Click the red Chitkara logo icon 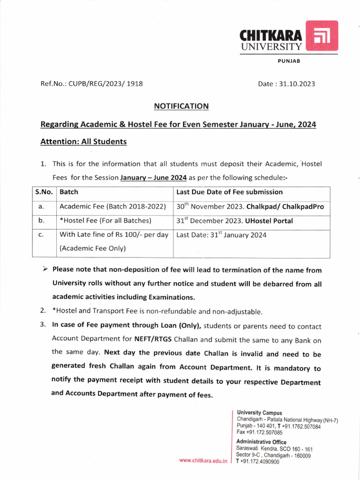pyautogui.click(x=322, y=36)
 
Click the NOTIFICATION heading pyautogui.click(x=181, y=106)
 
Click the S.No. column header pyautogui.click(x=44, y=192)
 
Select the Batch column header pyautogui.click(x=69, y=192)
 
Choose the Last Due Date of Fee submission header pyautogui.click(x=229, y=192)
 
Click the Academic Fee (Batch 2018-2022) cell pyautogui.click(x=112, y=206)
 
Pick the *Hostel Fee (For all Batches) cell pyautogui.click(x=105, y=221)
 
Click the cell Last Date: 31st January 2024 pyautogui.click(x=221, y=235)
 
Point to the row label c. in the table pyautogui.click(x=41, y=235)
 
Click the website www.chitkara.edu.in pyautogui.click(x=203, y=461)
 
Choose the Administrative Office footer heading pyautogui.click(x=261, y=442)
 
